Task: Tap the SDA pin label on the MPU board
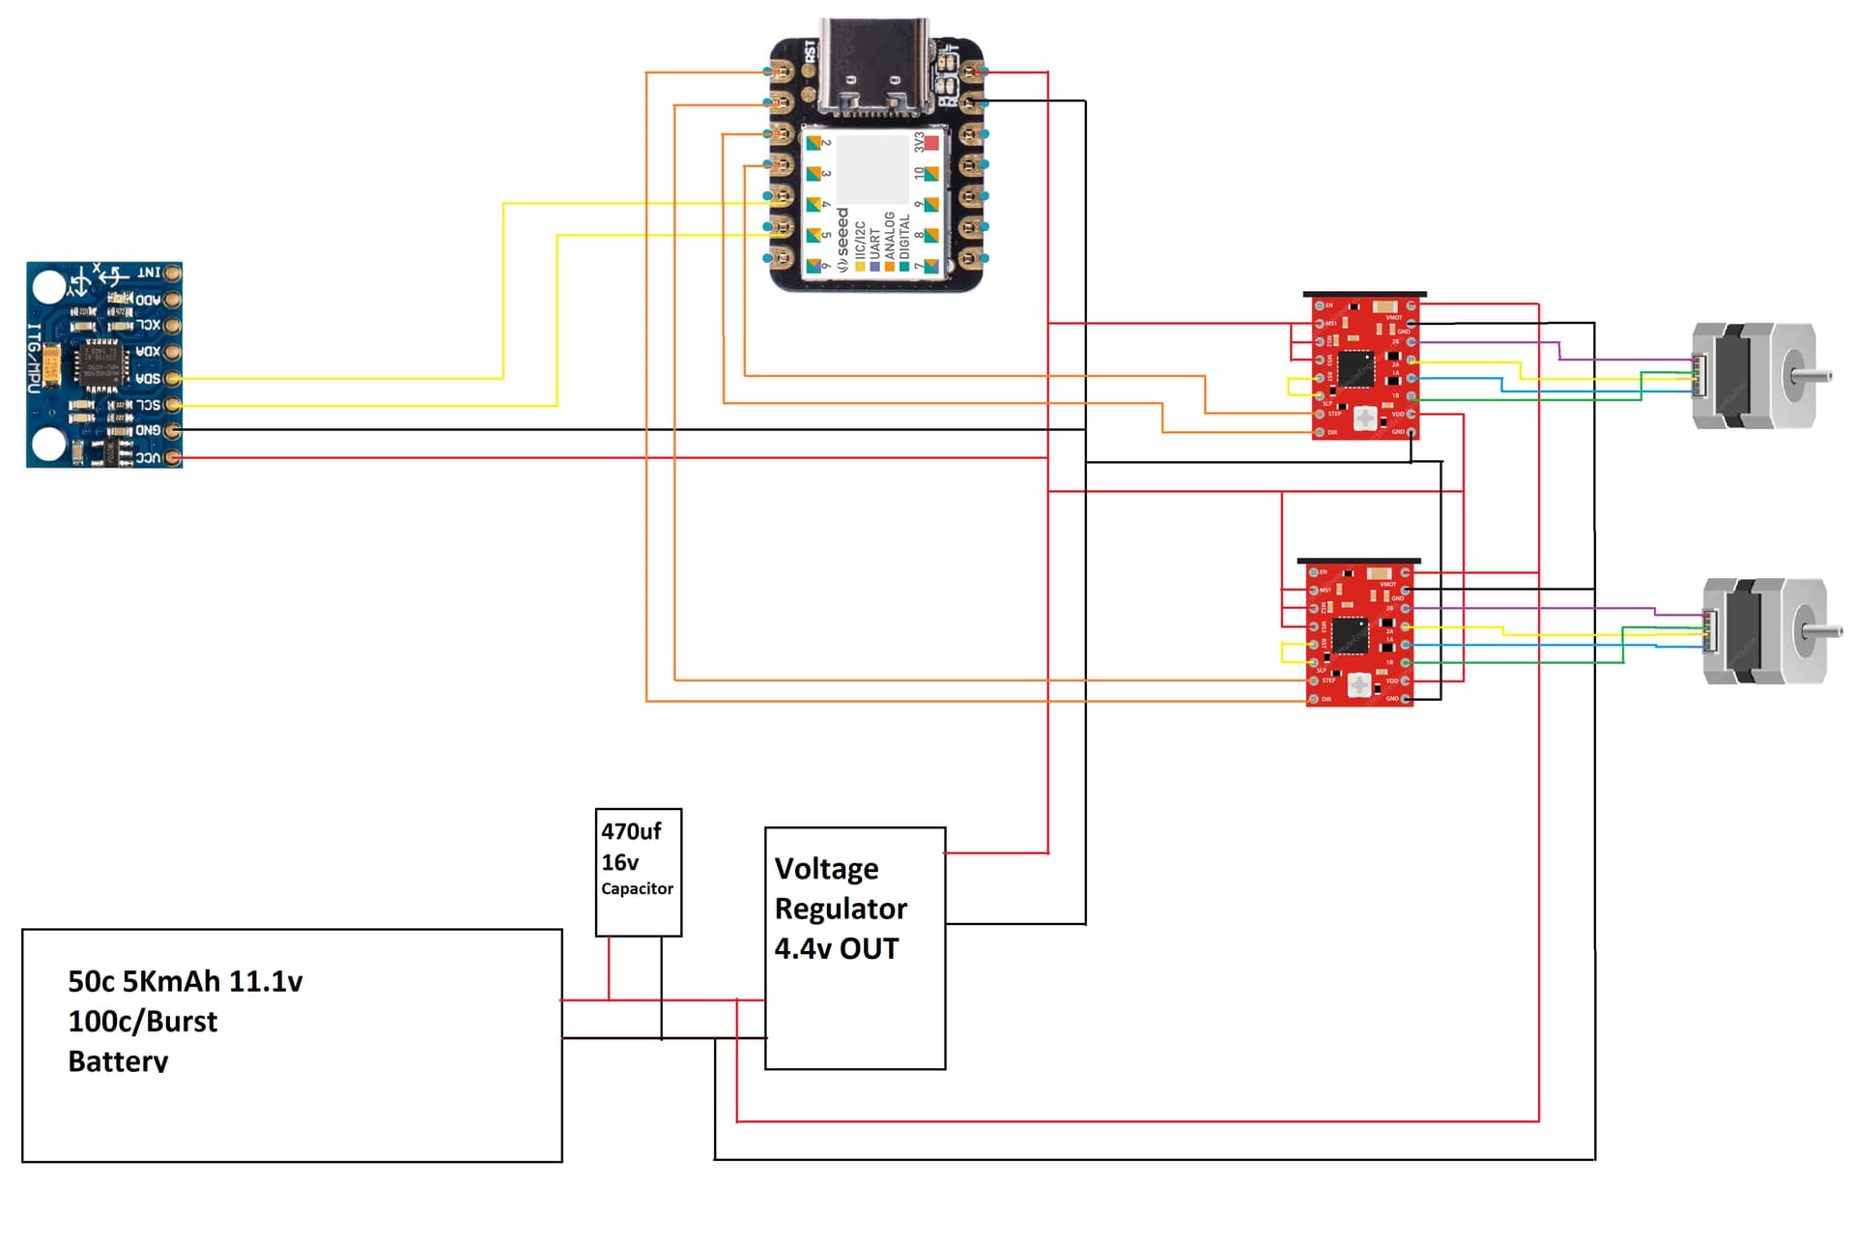(x=147, y=378)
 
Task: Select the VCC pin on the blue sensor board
(x=173, y=457)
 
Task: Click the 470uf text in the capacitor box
(x=631, y=831)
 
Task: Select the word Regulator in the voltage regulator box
(x=841, y=909)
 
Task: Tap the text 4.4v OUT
(x=836, y=948)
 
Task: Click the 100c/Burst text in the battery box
(x=143, y=1022)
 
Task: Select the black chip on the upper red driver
(x=1355, y=368)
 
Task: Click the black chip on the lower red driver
(x=1349, y=635)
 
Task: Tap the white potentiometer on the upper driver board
(x=1365, y=419)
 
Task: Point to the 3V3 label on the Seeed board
(x=919, y=142)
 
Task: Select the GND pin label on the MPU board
(x=147, y=430)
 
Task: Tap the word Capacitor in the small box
(x=637, y=888)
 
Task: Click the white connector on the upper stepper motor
(x=1699, y=376)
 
